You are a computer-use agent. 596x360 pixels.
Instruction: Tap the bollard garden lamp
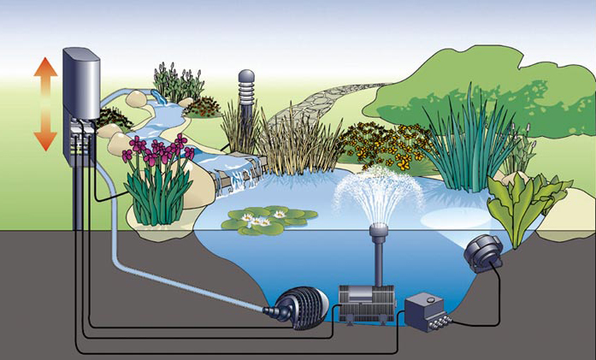pyautogui.click(x=246, y=98)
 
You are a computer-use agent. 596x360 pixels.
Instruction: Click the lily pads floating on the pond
pyautogui.click(x=257, y=220)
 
